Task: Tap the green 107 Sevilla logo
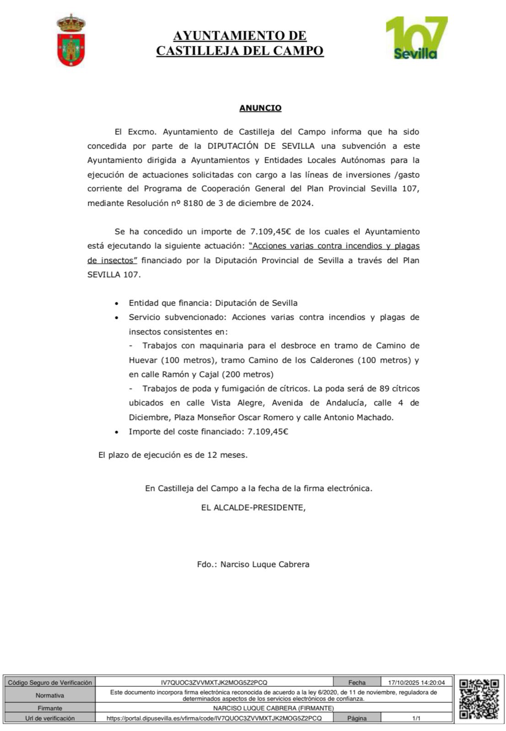tap(416, 38)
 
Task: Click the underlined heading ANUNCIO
tap(260, 108)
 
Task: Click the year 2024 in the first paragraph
tap(301, 204)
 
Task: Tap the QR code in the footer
tap(479, 699)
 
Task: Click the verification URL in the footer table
tap(214, 718)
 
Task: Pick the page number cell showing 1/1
tap(416, 718)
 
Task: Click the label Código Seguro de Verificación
tap(50, 682)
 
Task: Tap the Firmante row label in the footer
tap(50, 708)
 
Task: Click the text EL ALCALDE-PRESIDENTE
tap(253, 508)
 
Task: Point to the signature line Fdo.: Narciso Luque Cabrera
tap(253, 564)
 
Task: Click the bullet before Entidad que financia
tap(118, 303)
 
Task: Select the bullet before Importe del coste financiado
tap(118, 432)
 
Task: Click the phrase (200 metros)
tap(248, 374)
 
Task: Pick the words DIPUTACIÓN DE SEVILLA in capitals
tap(261, 146)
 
